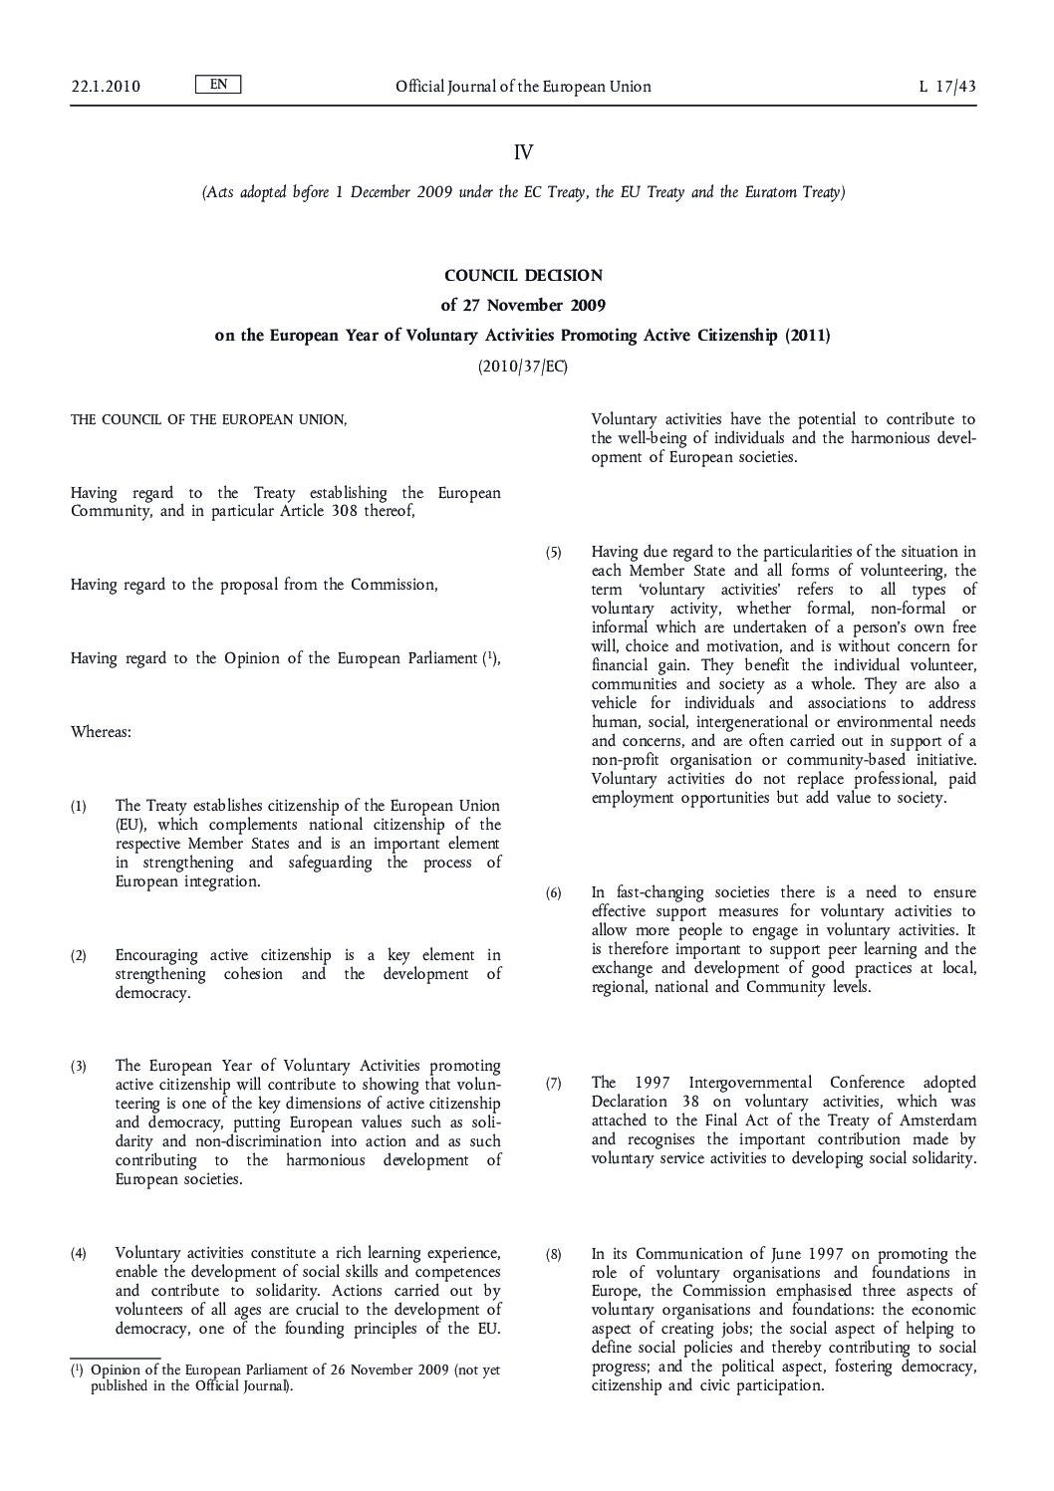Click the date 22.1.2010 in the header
tap(105, 87)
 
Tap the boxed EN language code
tap(218, 85)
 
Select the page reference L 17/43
tap(946, 87)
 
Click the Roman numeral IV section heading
tap(523, 152)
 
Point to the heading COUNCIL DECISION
tap(523, 275)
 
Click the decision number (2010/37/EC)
tap(523, 367)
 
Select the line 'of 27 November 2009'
tap(523, 305)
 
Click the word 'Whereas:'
tap(101, 732)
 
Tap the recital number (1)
tap(79, 806)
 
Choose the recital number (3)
tap(79, 1067)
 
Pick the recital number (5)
tap(554, 552)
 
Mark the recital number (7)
tap(554, 1083)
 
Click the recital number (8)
tap(554, 1254)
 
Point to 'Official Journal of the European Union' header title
tap(523, 87)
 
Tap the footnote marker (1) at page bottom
tap(76, 1370)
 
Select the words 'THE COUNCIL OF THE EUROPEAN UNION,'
tap(209, 420)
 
